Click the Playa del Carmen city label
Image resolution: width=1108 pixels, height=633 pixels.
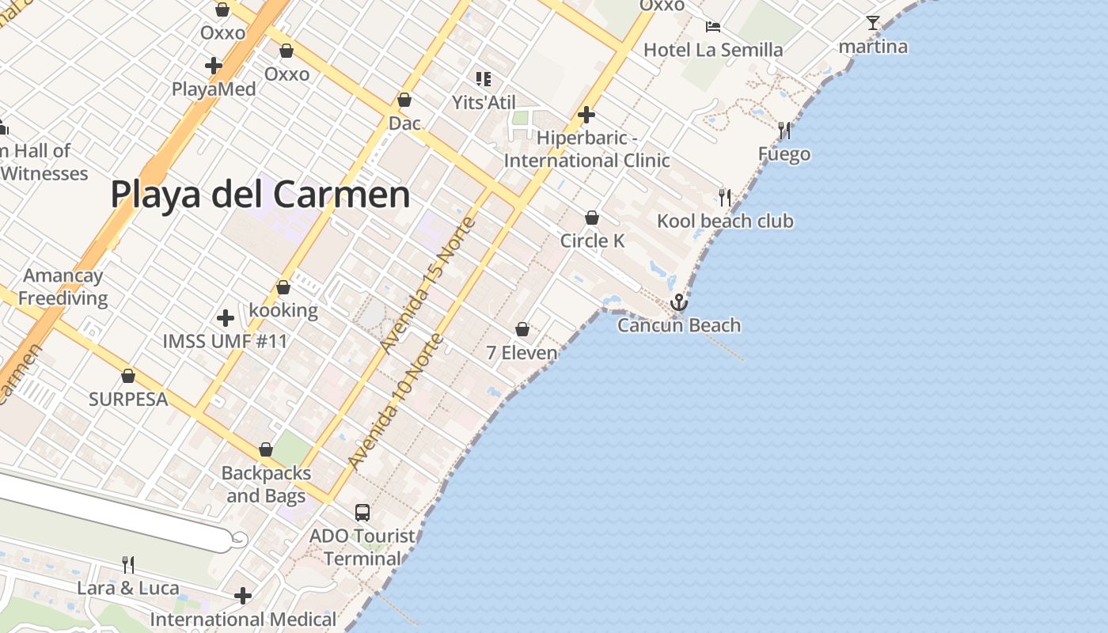260,195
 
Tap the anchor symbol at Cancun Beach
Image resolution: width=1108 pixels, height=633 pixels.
678,302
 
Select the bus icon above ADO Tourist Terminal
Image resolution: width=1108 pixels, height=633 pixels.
362,512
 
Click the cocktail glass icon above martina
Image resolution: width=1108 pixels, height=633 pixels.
873,23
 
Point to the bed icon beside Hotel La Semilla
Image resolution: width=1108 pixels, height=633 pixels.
712,27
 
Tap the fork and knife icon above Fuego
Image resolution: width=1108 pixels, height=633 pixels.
784,130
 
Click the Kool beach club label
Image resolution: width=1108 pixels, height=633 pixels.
725,221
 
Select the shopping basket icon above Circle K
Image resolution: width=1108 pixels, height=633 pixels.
592,218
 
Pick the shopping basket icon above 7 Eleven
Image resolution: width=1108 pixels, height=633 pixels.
522,329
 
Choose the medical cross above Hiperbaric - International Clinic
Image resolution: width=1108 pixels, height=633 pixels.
586,115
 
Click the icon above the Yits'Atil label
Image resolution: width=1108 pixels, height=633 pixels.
484,78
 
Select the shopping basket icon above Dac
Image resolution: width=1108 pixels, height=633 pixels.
404,100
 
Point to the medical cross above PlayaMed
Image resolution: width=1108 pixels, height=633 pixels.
214,66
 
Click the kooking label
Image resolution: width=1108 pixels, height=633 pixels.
283,310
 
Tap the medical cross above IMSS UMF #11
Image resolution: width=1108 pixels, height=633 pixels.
226,318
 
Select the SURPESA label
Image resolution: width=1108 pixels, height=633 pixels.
128,400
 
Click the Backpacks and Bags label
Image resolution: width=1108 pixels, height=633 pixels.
266,484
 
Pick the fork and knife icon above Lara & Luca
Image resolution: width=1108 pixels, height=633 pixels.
128,564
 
